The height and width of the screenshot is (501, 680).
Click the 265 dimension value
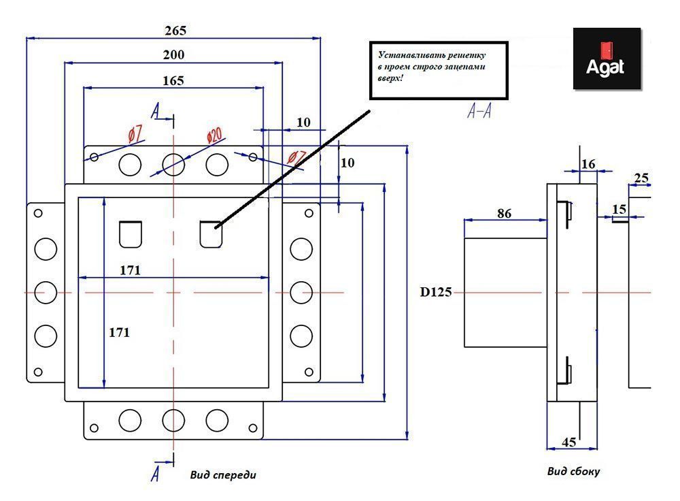pyautogui.click(x=175, y=31)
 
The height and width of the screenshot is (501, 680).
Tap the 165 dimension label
pyautogui.click(x=173, y=80)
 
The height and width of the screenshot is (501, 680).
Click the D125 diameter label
pyautogui.click(x=436, y=293)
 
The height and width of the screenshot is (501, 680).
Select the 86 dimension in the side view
pyautogui.click(x=504, y=213)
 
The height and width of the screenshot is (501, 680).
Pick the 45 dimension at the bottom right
pyautogui.click(x=569, y=442)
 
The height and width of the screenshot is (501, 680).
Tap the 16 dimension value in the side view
pyautogui.click(x=588, y=163)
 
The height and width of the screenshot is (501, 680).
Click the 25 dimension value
pyautogui.click(x=641, y=178)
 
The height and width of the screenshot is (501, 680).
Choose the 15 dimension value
pyautogui.click(x=619, y=209)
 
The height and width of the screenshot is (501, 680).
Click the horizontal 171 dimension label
pyautogui.click(x=130, y=270)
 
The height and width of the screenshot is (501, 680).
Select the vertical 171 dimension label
pyautogui.click(x=119, y=333)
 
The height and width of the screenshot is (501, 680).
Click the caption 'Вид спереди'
pyautogui.click(x=223, y=475)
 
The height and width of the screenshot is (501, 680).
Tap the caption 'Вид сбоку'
pyautogui.click(x=573, y=471)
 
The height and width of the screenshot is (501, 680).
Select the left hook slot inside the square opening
pyautogui.click(x=131, y=233)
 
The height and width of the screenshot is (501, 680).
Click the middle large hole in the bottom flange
pyautogui.click(x=173, y=419)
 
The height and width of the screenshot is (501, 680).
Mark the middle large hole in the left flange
pyautogui.click(x=45, y=292)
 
